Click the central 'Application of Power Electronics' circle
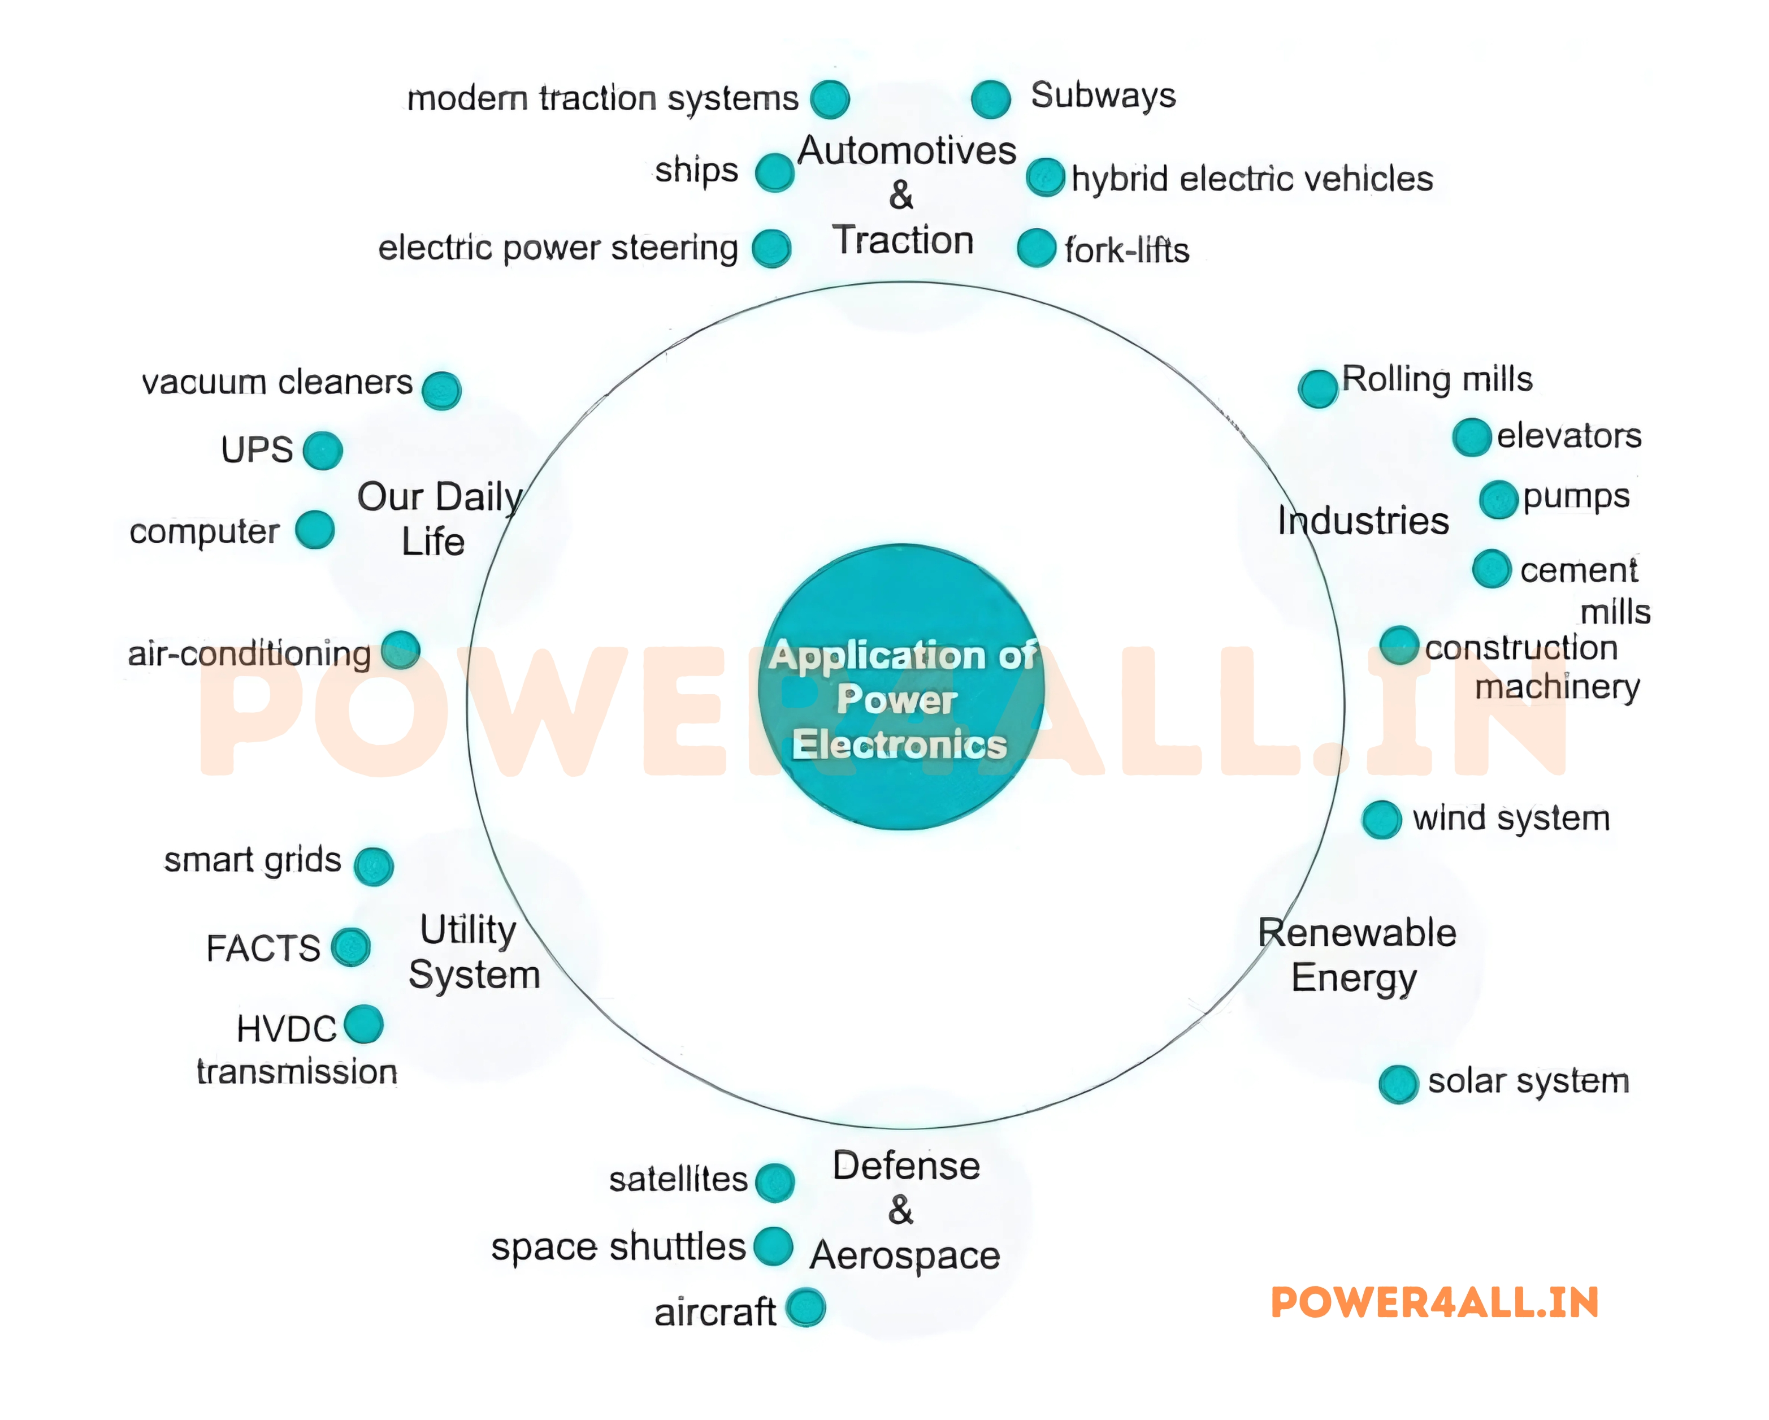[x=901, y=686]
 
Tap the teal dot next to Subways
[x=990, y=99]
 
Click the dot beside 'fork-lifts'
[x=1037, y=248]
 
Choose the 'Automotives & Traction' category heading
[x=906, y=196]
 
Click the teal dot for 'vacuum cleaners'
[x=441, y=390]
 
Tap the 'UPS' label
[x=257, y=450]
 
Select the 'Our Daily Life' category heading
[x=438, y=519]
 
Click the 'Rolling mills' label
[x=1437, y=379]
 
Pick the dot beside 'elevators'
[x=1472, y=436]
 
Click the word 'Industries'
[x=1363, y=521]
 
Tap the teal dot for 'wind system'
[x=1382, y=819]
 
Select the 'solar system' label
[x=1528, y=1081]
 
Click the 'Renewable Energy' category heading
[x=1356, y=955]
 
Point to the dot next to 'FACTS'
[x=351, y=947]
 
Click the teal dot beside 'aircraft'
[x=805, y=1308]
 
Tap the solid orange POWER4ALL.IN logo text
[x=1434, y=1302]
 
